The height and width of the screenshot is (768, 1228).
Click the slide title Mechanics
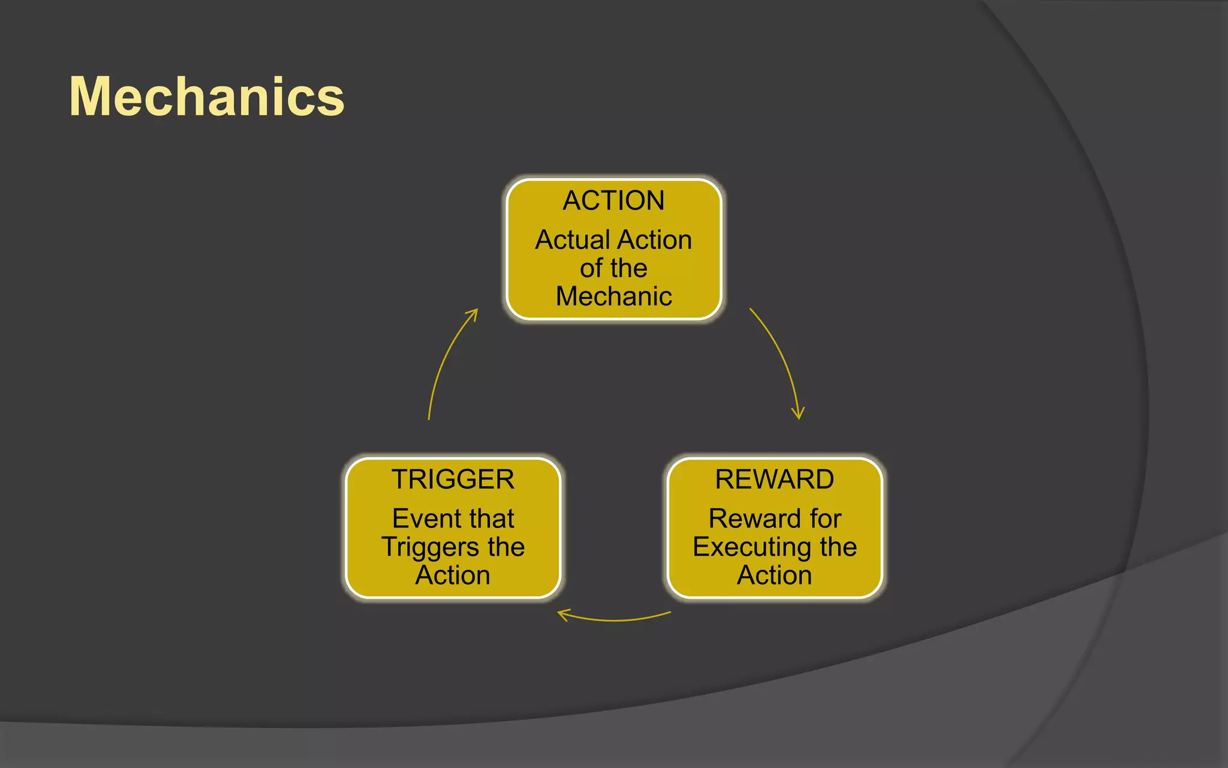click(x=207, y=97)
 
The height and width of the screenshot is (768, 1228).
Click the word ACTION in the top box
click(x=613, y=200)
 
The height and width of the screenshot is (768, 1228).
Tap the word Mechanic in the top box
click(x=613, y=296)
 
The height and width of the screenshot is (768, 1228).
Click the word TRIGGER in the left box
click(x=453, y=479)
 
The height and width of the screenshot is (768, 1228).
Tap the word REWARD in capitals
click(x=774, y=479)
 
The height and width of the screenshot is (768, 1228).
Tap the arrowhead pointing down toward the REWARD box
click(x=798, y=414)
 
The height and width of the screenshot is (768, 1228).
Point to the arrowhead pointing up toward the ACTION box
click(x=473, y=313)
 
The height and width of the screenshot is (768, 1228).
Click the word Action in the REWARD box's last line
click(x=774, y=575)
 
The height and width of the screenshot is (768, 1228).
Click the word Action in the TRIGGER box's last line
click(x=453, y=575)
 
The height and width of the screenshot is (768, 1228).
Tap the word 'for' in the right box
click(x=826, y=519)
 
